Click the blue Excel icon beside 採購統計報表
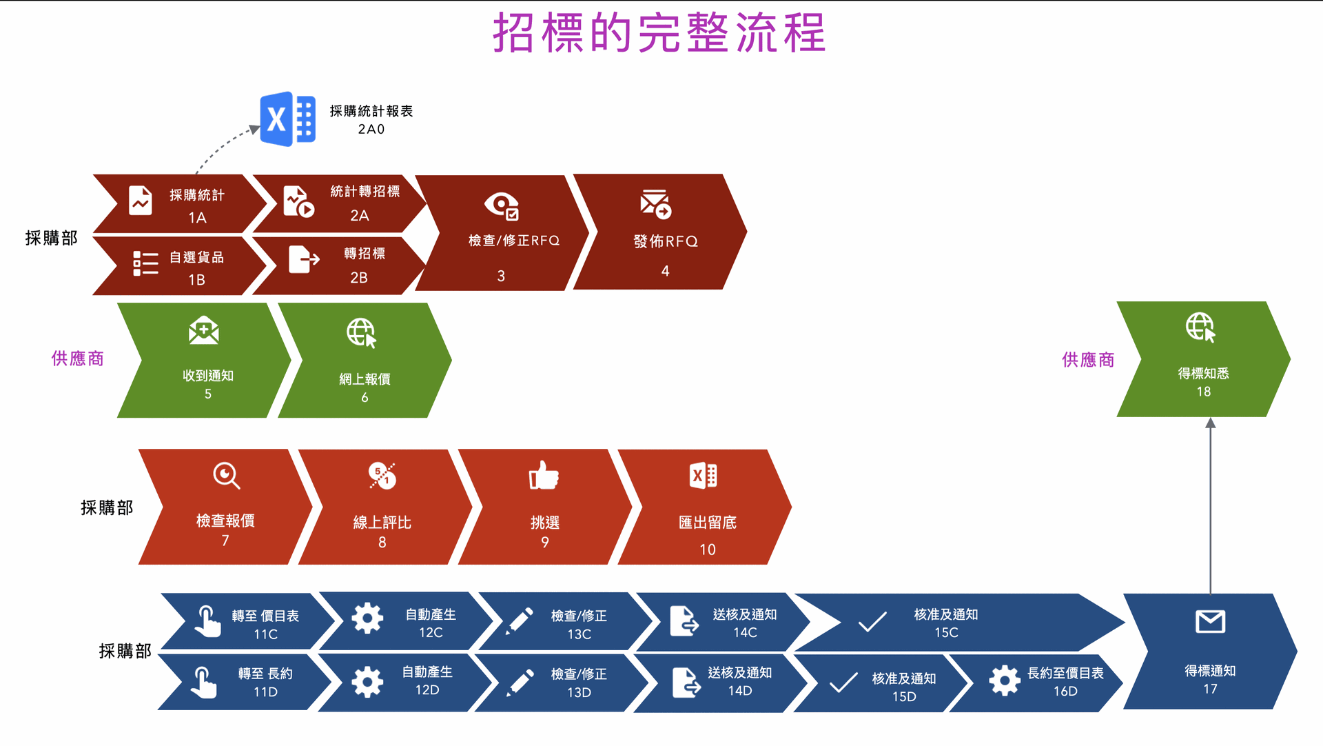[288, 119]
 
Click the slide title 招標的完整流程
[659, 32]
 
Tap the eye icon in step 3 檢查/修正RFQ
[502, 205]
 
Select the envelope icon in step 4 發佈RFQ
[655, 203]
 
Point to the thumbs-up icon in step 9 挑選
[544, 475]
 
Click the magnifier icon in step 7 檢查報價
[226, 476]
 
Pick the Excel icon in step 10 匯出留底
[704, 476]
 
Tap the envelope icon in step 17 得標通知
[1210, 622]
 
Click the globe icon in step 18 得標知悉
[1200, 327]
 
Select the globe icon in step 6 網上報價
[362, 333]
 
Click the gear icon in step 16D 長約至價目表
[1005, 681]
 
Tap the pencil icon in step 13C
[520, 621]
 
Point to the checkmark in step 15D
[843, 683]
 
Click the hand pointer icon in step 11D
[203, 683]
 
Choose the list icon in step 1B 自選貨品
[145, 263]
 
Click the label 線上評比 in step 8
[382, 523]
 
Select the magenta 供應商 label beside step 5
[77, 359]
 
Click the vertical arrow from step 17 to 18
[1210, 505]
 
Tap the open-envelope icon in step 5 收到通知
[204, 331]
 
